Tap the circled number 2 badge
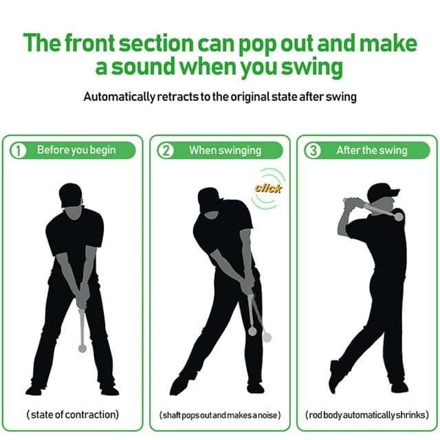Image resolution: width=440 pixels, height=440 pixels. tap(166, 151)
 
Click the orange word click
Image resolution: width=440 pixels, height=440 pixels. tap(268, 188)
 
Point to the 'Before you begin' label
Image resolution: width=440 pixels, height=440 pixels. tap(76, 150)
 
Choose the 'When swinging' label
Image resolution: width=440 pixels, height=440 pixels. tap(225, 150)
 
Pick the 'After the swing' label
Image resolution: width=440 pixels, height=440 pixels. tap(371, 150)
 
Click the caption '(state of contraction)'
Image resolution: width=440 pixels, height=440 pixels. tap(73, 415)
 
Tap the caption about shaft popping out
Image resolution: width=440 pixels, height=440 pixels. tap(220, 415)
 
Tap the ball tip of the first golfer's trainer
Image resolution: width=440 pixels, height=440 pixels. tap(82, 349)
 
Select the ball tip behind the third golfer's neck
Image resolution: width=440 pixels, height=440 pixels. tap(398, 217)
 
